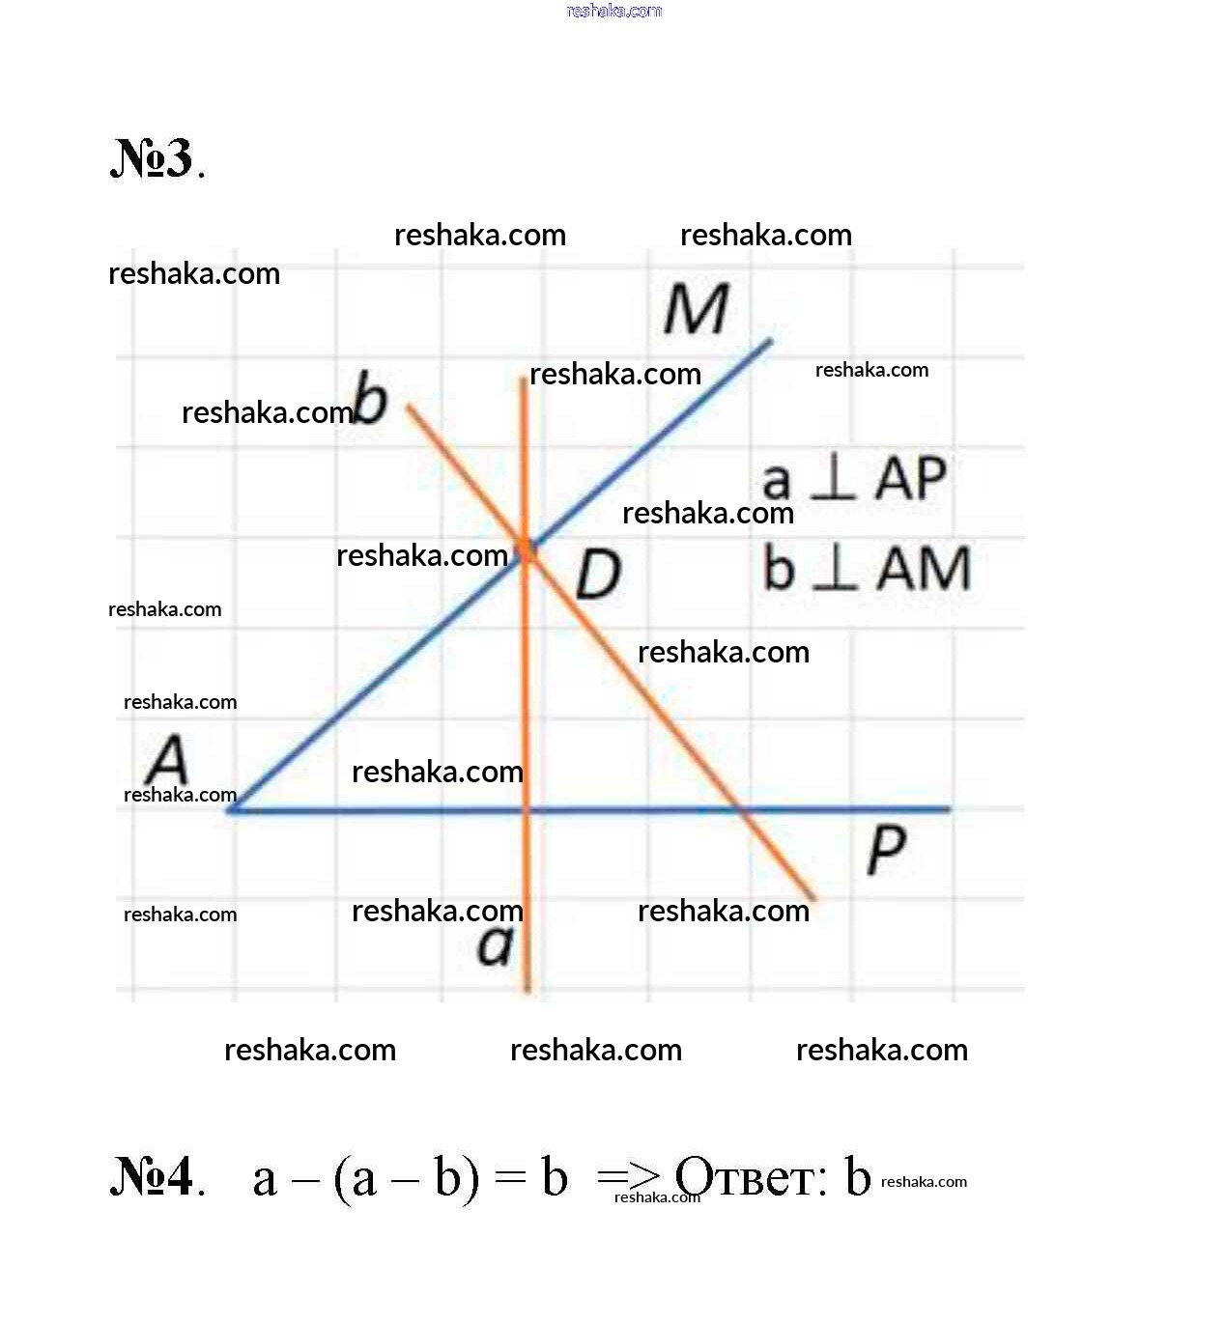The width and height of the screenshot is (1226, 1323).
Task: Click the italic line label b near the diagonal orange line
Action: (370, 397)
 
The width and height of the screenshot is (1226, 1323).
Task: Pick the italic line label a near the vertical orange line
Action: (496, 944)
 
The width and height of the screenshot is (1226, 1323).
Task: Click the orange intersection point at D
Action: (526, 551)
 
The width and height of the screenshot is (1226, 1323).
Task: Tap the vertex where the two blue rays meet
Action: (230, 810)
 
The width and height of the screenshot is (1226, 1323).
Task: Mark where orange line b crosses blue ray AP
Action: (741, 809)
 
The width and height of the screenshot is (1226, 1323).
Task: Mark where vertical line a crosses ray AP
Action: (527, 810)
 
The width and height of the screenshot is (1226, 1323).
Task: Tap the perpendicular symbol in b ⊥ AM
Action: (835, 567)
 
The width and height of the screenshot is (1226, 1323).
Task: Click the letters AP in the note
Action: (911, 477)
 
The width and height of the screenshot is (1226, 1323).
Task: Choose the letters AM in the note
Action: (924, 568)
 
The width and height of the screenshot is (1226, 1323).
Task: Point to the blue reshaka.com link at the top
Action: (614, 11)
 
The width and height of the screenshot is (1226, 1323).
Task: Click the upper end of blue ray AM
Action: (771, 341)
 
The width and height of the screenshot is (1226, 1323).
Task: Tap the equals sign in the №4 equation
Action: (511, 1177)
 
